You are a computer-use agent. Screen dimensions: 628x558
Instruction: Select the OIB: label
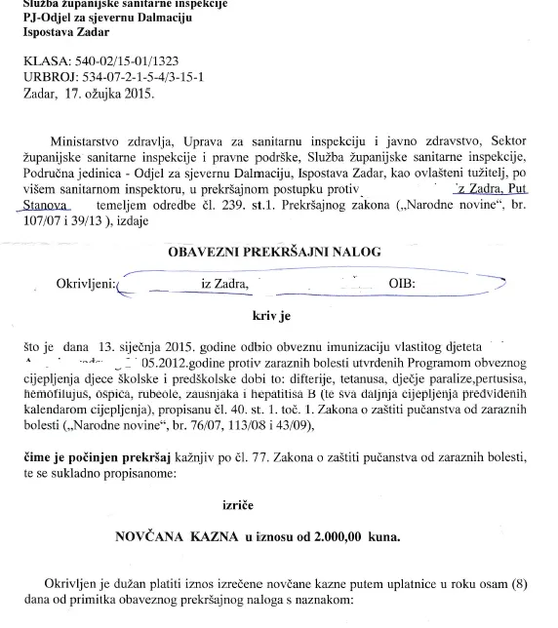pos(399,284)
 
